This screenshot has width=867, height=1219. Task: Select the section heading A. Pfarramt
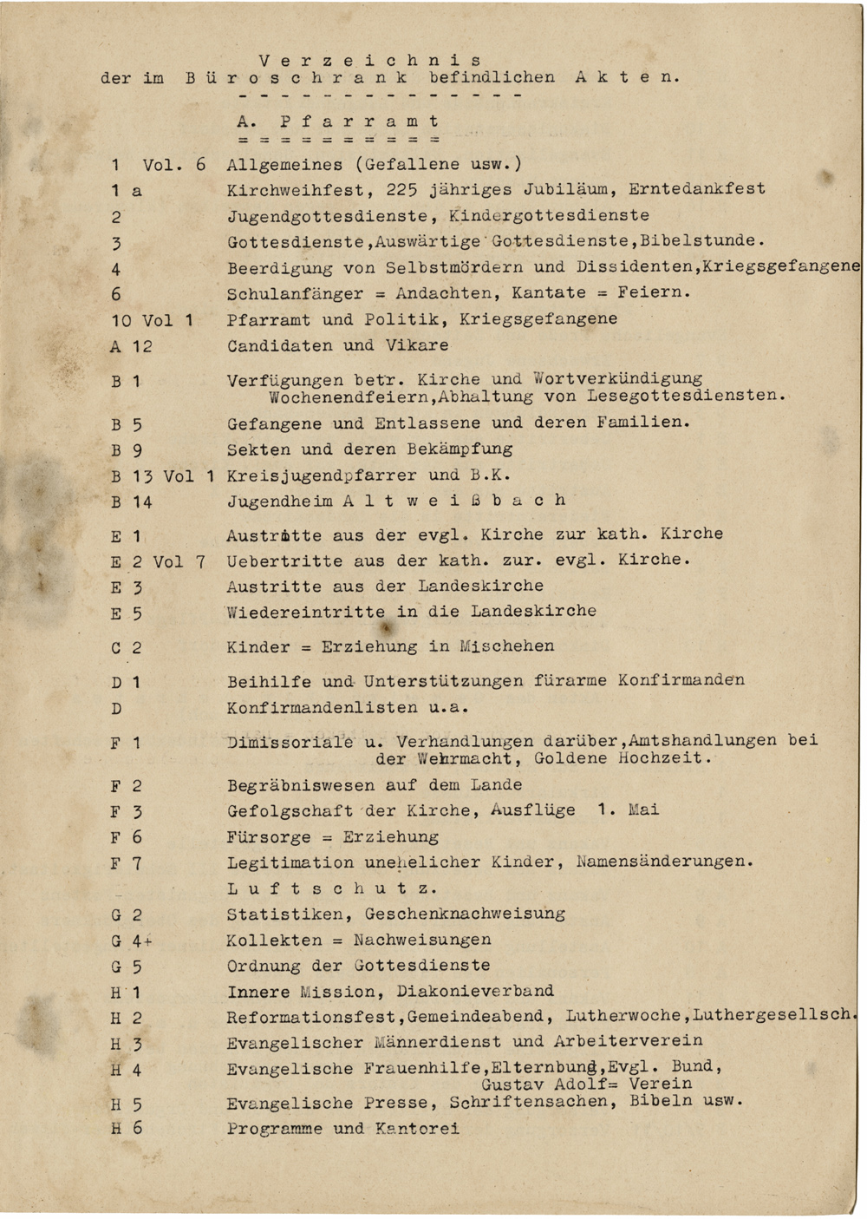[x=337, y=121]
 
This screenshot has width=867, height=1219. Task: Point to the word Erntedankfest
[x=697, y=189]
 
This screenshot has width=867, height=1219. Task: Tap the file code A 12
[x=131, y=346]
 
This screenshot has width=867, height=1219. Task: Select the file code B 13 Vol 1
[x=162, y=475]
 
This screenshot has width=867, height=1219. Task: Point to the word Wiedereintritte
[x=306, y=611]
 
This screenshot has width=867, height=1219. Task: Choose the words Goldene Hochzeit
[x=622, y=758]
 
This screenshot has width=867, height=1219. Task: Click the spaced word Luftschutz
[x=332, y=888]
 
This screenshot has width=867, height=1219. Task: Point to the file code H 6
[x=127, y=1129]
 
